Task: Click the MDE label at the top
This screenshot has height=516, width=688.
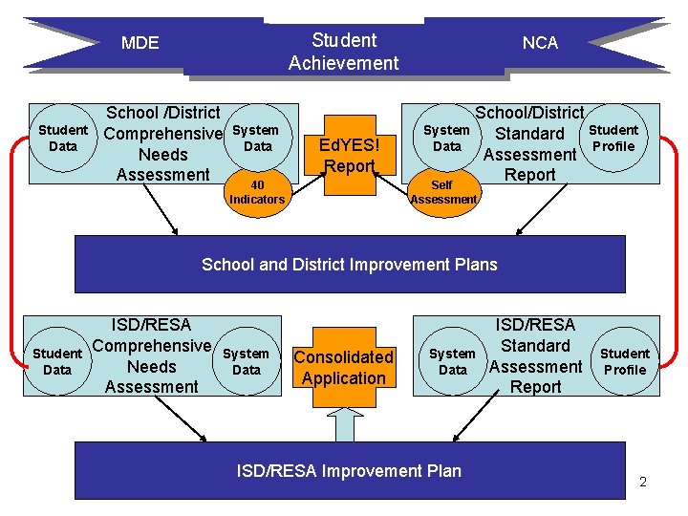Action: pos(140,43)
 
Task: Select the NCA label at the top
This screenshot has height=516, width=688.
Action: pos(540,43)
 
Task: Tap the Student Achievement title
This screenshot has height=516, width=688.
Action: pos(344,52)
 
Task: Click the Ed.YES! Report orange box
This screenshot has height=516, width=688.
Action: pos(349,155)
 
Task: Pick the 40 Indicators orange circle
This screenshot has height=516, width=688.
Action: pos(256,192)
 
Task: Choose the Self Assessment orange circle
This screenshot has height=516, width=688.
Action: pos(442,192)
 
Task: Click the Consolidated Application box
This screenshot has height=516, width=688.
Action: pos(343,367)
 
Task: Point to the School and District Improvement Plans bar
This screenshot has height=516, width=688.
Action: pos(350,264)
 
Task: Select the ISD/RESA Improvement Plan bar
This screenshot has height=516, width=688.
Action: pos(350,470)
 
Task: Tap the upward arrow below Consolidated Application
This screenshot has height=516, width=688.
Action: pos(344,421)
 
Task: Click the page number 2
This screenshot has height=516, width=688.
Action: pos(643,482)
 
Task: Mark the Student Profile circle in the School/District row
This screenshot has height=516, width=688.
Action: pos(613,139)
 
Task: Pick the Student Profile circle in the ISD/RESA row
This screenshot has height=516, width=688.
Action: pos(625,361)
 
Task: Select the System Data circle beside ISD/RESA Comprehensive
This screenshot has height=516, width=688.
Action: pos(247,361)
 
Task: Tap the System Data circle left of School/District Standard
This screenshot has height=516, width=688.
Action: pos(446,139)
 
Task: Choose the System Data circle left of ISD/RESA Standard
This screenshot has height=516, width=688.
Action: pos(452,361)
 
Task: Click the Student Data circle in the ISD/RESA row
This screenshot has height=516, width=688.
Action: pos(57,361)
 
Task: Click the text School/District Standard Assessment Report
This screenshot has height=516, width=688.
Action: pos(530,144)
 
